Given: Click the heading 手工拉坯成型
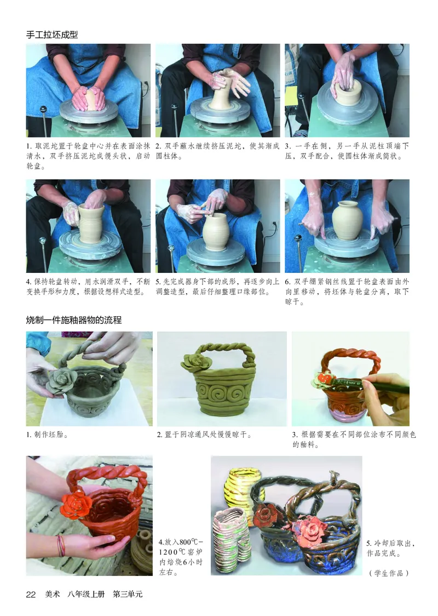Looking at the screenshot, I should (52, 35).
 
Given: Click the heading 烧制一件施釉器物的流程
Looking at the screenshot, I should (74, 320).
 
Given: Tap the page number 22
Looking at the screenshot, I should (31, 594).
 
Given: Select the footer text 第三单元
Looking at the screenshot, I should (128, 594).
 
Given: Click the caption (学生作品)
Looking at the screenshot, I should (389, 573).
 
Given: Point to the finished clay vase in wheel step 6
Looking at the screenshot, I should (347, 220).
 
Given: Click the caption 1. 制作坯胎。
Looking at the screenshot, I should (50, 435).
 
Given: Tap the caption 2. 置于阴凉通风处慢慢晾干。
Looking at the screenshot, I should (204, 435).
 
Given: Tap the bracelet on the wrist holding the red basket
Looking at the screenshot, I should (60, 545).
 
